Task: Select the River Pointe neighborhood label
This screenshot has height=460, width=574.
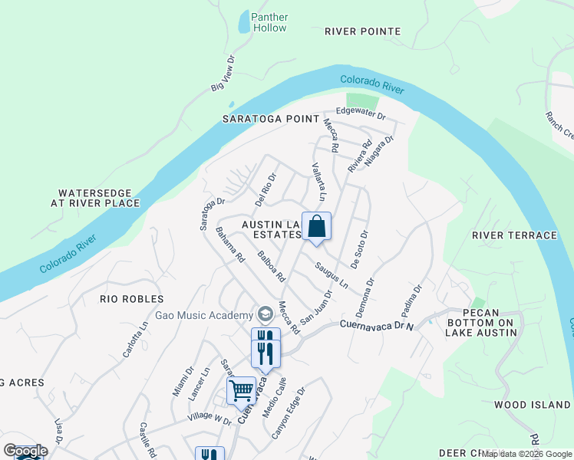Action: [362, 31]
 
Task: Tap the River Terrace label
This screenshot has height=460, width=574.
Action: [514, 235]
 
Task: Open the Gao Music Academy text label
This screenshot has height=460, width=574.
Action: [203, 315]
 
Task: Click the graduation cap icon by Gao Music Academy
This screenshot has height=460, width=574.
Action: [266, 314]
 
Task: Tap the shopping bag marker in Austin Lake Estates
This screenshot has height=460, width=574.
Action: [316, 227]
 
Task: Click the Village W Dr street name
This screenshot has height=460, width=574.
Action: [208, 421]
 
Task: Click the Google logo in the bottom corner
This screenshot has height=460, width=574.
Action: [25, 451]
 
